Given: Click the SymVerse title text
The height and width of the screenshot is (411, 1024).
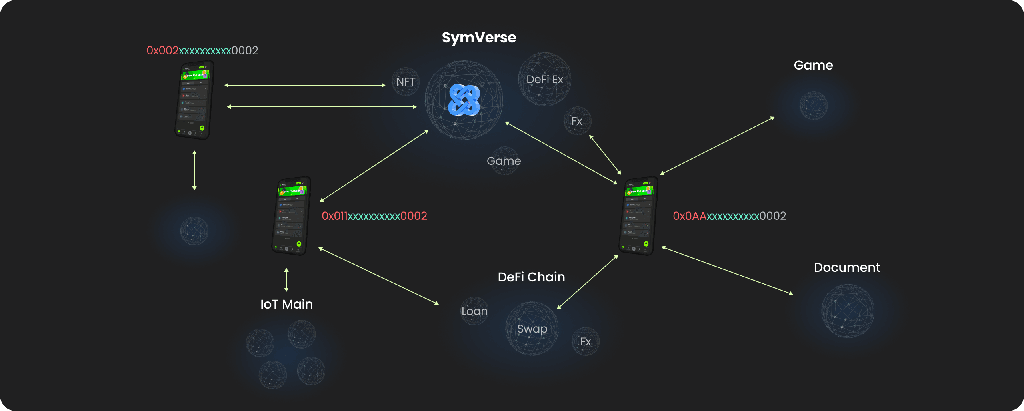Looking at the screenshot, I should (479, 38).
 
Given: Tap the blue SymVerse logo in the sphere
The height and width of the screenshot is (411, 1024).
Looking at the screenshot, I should (464, 100).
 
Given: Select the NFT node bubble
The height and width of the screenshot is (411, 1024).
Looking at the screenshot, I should (406, 82).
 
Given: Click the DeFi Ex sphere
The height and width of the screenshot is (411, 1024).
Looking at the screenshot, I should (544, 79).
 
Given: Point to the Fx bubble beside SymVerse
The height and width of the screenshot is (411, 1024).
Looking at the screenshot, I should (577, 121).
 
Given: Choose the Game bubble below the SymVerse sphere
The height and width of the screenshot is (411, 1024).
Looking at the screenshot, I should (504, 161).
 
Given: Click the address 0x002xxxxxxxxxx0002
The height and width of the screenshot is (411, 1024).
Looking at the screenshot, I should (202, 50).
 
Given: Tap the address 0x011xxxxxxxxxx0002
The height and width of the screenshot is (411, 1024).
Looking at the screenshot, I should (374, 216).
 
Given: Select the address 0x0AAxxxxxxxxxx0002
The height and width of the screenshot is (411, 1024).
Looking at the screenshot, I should (729, 216).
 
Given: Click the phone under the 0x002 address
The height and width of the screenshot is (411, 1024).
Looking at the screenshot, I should (194, 100).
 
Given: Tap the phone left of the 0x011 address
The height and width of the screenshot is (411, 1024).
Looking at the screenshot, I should (291, 216).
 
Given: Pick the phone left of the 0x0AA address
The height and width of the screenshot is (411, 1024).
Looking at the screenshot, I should (638, 216).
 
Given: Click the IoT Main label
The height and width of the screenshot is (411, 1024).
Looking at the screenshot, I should (286, 304).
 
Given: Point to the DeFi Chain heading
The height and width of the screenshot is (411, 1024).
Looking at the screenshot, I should (531, 277).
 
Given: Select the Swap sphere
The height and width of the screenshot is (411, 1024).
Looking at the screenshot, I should (532, 329).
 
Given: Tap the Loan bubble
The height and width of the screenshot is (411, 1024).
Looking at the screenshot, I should (474, 311).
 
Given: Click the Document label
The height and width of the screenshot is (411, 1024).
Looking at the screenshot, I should (847, 267).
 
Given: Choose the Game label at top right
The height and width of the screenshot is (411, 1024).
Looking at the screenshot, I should (813, 65).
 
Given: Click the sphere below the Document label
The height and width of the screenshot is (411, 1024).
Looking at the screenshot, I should (848, 311).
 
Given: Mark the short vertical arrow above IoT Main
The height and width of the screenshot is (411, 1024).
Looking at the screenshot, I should (286, 280).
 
